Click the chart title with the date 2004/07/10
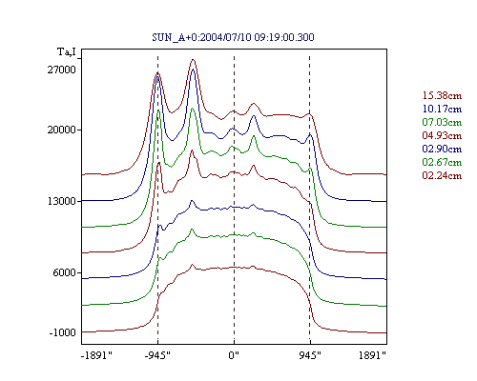233,37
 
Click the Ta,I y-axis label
67,51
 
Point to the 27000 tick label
62,70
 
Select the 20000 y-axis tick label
62,130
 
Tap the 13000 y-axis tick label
62,201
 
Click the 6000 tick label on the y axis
65,272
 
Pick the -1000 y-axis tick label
62,332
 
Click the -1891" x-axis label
97,355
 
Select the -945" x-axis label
157,355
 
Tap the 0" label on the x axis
234,355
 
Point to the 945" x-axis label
310,355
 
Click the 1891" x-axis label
372,355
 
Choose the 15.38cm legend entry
442,95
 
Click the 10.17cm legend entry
442,109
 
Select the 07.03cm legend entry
442,122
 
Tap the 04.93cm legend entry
442,135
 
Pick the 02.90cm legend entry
442,149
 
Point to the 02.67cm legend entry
442,162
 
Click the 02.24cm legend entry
442,175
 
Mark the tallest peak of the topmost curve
193,60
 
